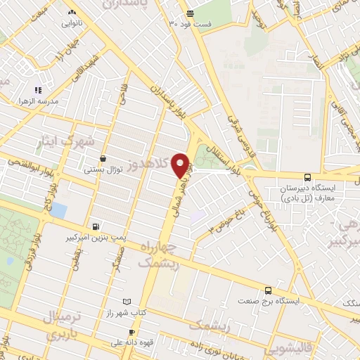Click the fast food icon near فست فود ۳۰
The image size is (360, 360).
pos(190,13)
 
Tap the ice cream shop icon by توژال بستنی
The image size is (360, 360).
pos(103,159)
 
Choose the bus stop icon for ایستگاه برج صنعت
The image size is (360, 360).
pos(268,290)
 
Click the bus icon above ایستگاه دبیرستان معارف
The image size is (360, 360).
pos(307,178)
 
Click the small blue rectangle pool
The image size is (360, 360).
pos(59,210)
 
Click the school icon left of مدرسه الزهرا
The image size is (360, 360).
pos(38,90)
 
